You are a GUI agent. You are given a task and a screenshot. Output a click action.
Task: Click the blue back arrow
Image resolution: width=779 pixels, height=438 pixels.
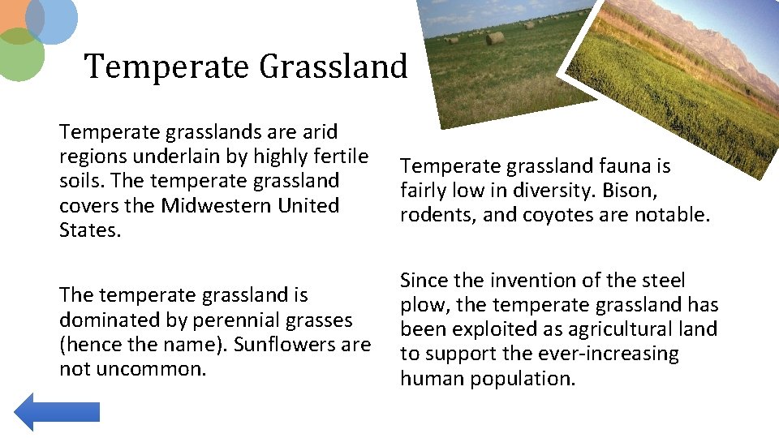click(x=57, y=411)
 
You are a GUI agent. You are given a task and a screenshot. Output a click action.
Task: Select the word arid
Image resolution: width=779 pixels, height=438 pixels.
click(x=321, y=131)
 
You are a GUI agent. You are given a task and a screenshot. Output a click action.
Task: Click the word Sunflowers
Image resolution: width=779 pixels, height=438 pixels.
click(x=286, y=344)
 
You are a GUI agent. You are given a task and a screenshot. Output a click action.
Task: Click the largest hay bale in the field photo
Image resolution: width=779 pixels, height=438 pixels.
click(x=495, y=37)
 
